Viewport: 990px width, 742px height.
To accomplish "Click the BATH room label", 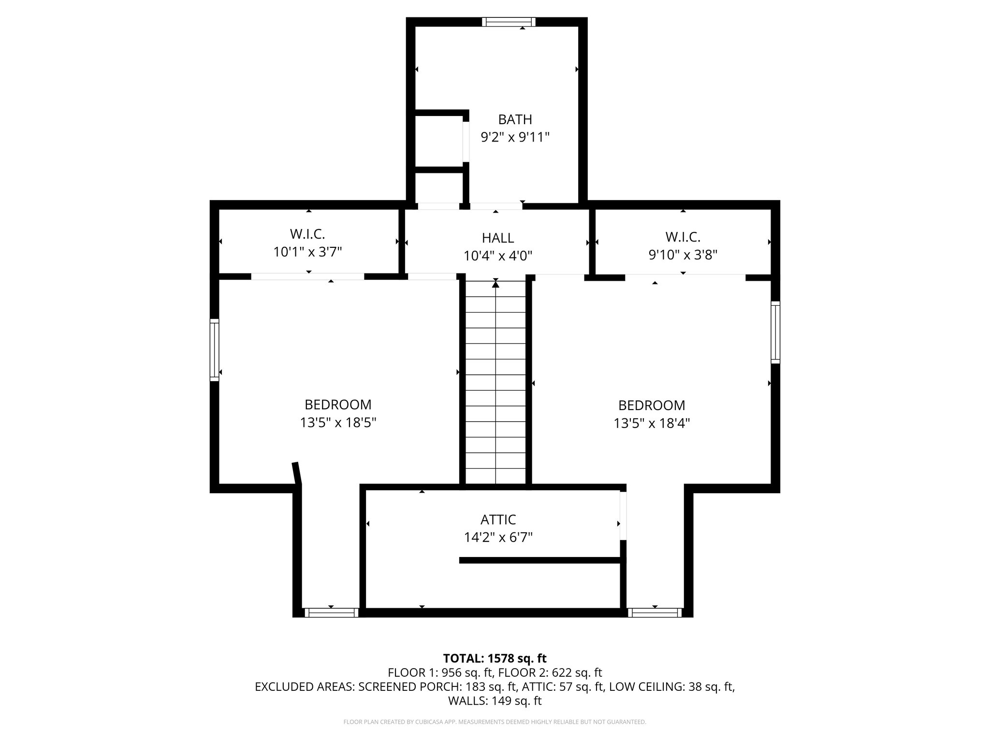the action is [x=515, y=119].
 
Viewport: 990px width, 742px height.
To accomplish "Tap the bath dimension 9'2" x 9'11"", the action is [x=515, y=138].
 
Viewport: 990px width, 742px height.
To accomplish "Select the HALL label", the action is [x=498, y=238].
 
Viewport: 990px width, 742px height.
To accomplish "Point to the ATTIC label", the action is [x=498, y=520].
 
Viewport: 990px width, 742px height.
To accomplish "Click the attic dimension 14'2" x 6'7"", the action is [x=498, y=537].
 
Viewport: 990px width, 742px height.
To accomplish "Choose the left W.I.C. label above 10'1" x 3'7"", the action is [x=307, y=234].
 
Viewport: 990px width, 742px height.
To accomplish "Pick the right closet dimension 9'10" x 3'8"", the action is [x=683, y=255].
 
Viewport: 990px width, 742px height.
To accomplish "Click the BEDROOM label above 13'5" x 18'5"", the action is [x=338, y=404].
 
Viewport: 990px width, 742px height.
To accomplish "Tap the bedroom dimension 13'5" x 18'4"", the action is [x=652, y=423].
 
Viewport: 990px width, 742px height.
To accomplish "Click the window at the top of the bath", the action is [x=510, y=22].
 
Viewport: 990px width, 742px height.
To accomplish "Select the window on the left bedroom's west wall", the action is [x=214, y=350].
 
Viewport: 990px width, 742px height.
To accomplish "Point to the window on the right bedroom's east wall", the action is [x=775, y=332].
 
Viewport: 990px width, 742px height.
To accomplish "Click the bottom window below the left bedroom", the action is [x=331, y=613].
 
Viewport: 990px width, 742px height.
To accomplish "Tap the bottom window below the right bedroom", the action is [x=655, y=613].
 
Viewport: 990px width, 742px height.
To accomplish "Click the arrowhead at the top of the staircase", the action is [x=495, y=285].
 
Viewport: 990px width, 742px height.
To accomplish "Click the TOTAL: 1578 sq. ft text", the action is [x=495, y=658].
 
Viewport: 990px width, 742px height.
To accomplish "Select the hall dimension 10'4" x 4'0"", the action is [x=498, y=256].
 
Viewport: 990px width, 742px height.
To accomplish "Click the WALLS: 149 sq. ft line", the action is [x=495, y=701].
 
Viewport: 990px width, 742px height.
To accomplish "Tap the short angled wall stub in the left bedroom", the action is [x=297, y=473].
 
